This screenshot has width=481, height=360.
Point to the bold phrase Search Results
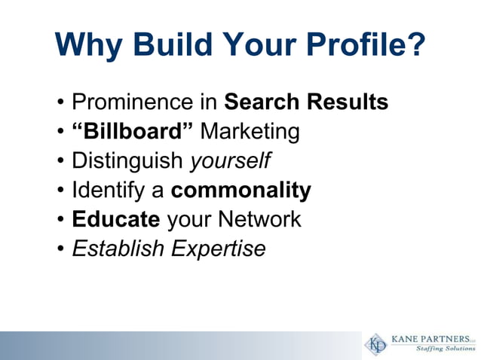point(307,102)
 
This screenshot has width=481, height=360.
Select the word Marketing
point(250,132)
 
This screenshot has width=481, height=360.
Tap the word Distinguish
point(127,161)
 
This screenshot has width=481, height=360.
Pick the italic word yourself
point(229,161)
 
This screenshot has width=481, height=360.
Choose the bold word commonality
point(240,191)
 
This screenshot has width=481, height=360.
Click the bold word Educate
point(115,219)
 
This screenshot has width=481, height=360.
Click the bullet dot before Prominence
point(60,102)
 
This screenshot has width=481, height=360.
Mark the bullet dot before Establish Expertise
point(60,249)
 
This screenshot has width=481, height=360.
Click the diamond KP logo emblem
point(375,343)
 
